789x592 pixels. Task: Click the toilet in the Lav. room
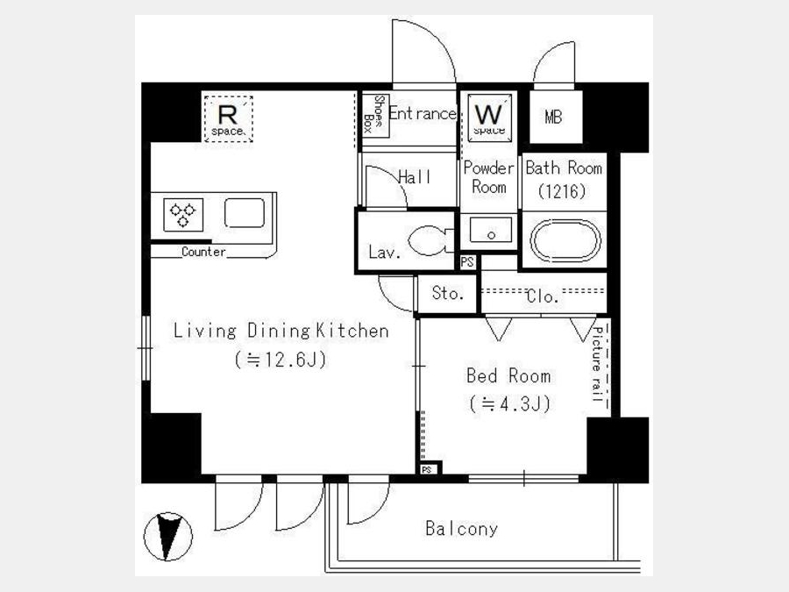428,240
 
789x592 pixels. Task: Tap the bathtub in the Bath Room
566,240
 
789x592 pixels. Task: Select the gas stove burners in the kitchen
183,215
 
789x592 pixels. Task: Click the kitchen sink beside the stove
245,213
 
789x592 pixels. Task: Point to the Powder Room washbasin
491,231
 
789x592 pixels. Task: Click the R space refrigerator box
228,118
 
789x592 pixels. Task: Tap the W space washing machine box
489,118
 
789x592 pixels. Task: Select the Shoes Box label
375,116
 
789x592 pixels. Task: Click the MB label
553,117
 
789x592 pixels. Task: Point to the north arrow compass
168,537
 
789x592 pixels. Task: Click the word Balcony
461,529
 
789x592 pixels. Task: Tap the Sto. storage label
448,293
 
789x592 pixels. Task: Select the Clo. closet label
543,296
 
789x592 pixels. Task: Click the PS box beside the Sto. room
467,261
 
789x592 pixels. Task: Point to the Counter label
203,251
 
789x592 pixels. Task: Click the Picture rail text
597,363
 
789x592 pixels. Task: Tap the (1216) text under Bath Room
562,191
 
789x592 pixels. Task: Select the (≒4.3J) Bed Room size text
509,403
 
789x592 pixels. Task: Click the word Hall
414,176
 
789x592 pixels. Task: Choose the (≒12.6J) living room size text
281,360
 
